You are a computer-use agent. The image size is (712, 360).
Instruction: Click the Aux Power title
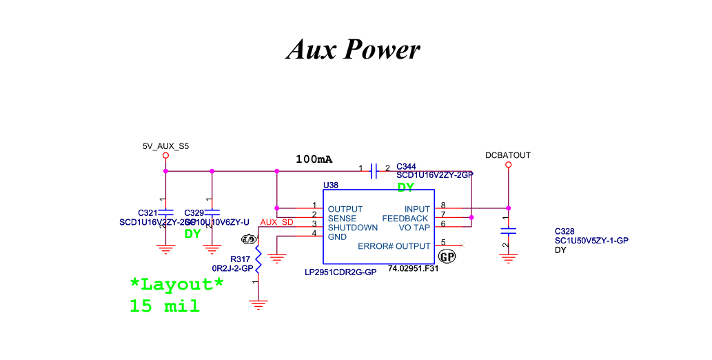[x=353, y=49]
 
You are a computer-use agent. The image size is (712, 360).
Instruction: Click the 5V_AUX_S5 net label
[x=165, y=146]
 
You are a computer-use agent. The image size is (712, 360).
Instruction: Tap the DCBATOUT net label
[x=508, y=155]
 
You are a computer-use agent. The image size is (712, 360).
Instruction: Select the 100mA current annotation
[x=314, y=159]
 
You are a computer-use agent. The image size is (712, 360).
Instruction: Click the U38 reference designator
[x=331, y=186]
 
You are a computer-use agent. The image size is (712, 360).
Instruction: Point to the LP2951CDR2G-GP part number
[x=340, y=272]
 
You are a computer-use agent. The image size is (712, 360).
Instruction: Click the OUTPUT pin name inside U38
[x=345, y=209]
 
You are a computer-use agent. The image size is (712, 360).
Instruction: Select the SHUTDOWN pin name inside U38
[x=353, y=228]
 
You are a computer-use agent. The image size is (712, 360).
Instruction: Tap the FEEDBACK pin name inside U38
[x=406, y=219]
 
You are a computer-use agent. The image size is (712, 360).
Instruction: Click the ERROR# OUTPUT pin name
[x=394, y=246]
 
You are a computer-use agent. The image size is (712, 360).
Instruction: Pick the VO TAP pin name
[x=414, y=228]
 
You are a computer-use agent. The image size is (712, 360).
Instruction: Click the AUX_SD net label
[x=276, y=222]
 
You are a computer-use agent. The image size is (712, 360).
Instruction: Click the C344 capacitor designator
[x=406, y=166]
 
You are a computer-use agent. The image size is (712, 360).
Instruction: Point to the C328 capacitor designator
[x=564, y=231]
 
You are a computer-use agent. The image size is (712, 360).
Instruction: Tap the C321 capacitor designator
[x=148, y=212]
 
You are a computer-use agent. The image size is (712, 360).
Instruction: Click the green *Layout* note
[x=177, y=284]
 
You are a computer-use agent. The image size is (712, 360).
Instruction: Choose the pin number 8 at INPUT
[x=443, y=206]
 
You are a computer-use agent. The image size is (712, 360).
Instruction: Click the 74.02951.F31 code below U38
[x=413, y=268]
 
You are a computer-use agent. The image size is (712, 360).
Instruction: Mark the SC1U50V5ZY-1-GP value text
[x=591, y=241]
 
